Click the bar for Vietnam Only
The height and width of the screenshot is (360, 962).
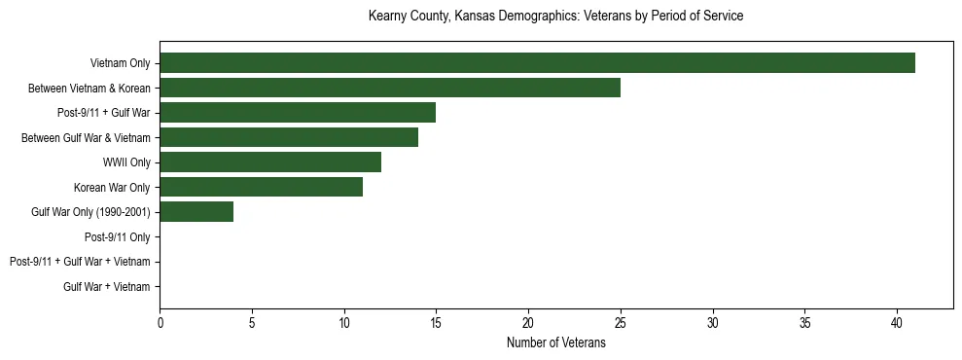click(537, 63)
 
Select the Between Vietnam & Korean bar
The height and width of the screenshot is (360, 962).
click(390, 88)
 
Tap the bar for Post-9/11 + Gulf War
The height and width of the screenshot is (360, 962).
click(298, 113)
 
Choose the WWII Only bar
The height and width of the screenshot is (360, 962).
click(270, 162)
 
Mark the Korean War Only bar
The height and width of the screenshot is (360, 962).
click(261, 187)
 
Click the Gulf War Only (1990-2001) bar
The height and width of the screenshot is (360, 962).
click(196, 212)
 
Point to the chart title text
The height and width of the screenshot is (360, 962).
click(555, 17)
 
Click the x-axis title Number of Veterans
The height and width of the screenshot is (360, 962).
click(555, 343)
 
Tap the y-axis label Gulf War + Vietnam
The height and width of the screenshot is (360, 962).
click(106, 286)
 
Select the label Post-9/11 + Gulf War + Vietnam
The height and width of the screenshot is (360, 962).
click(79, 262)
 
